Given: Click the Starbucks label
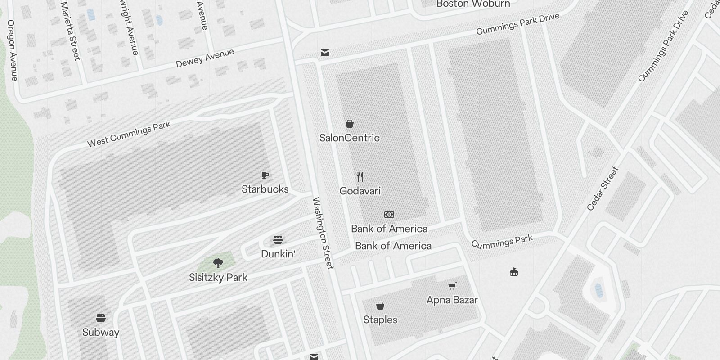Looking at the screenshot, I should tap(265, 189).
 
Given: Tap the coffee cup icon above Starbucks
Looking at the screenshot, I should tap(265, 175).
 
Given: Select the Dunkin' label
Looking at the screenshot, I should tap(278, 254).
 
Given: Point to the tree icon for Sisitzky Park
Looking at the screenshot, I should tap(218, 263).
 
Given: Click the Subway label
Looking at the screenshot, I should tap(101, 333).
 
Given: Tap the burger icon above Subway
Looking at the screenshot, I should tap(101, 319).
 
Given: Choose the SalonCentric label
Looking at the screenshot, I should tap(350, 138).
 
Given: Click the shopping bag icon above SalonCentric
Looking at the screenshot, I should tap(350, 124).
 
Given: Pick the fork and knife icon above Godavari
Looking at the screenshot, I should tap(360, 176).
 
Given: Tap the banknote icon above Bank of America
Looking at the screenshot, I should tap(389, 215).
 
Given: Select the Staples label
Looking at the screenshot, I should tap(380, 320).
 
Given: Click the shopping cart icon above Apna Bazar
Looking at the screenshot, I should tap(452, 286).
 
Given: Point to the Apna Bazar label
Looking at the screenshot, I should tap(452, 300).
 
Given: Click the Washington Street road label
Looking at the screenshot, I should tap(324, 233).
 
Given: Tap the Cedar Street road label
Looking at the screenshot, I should tap(603, 189).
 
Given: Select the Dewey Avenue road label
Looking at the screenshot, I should tap(205, 58).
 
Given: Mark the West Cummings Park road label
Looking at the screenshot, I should tap(129, 134).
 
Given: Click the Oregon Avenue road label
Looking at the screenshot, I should tap(12, 50).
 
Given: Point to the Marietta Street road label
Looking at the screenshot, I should tap(71, 31).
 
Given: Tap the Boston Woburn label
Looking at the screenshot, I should tap(473, 4).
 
